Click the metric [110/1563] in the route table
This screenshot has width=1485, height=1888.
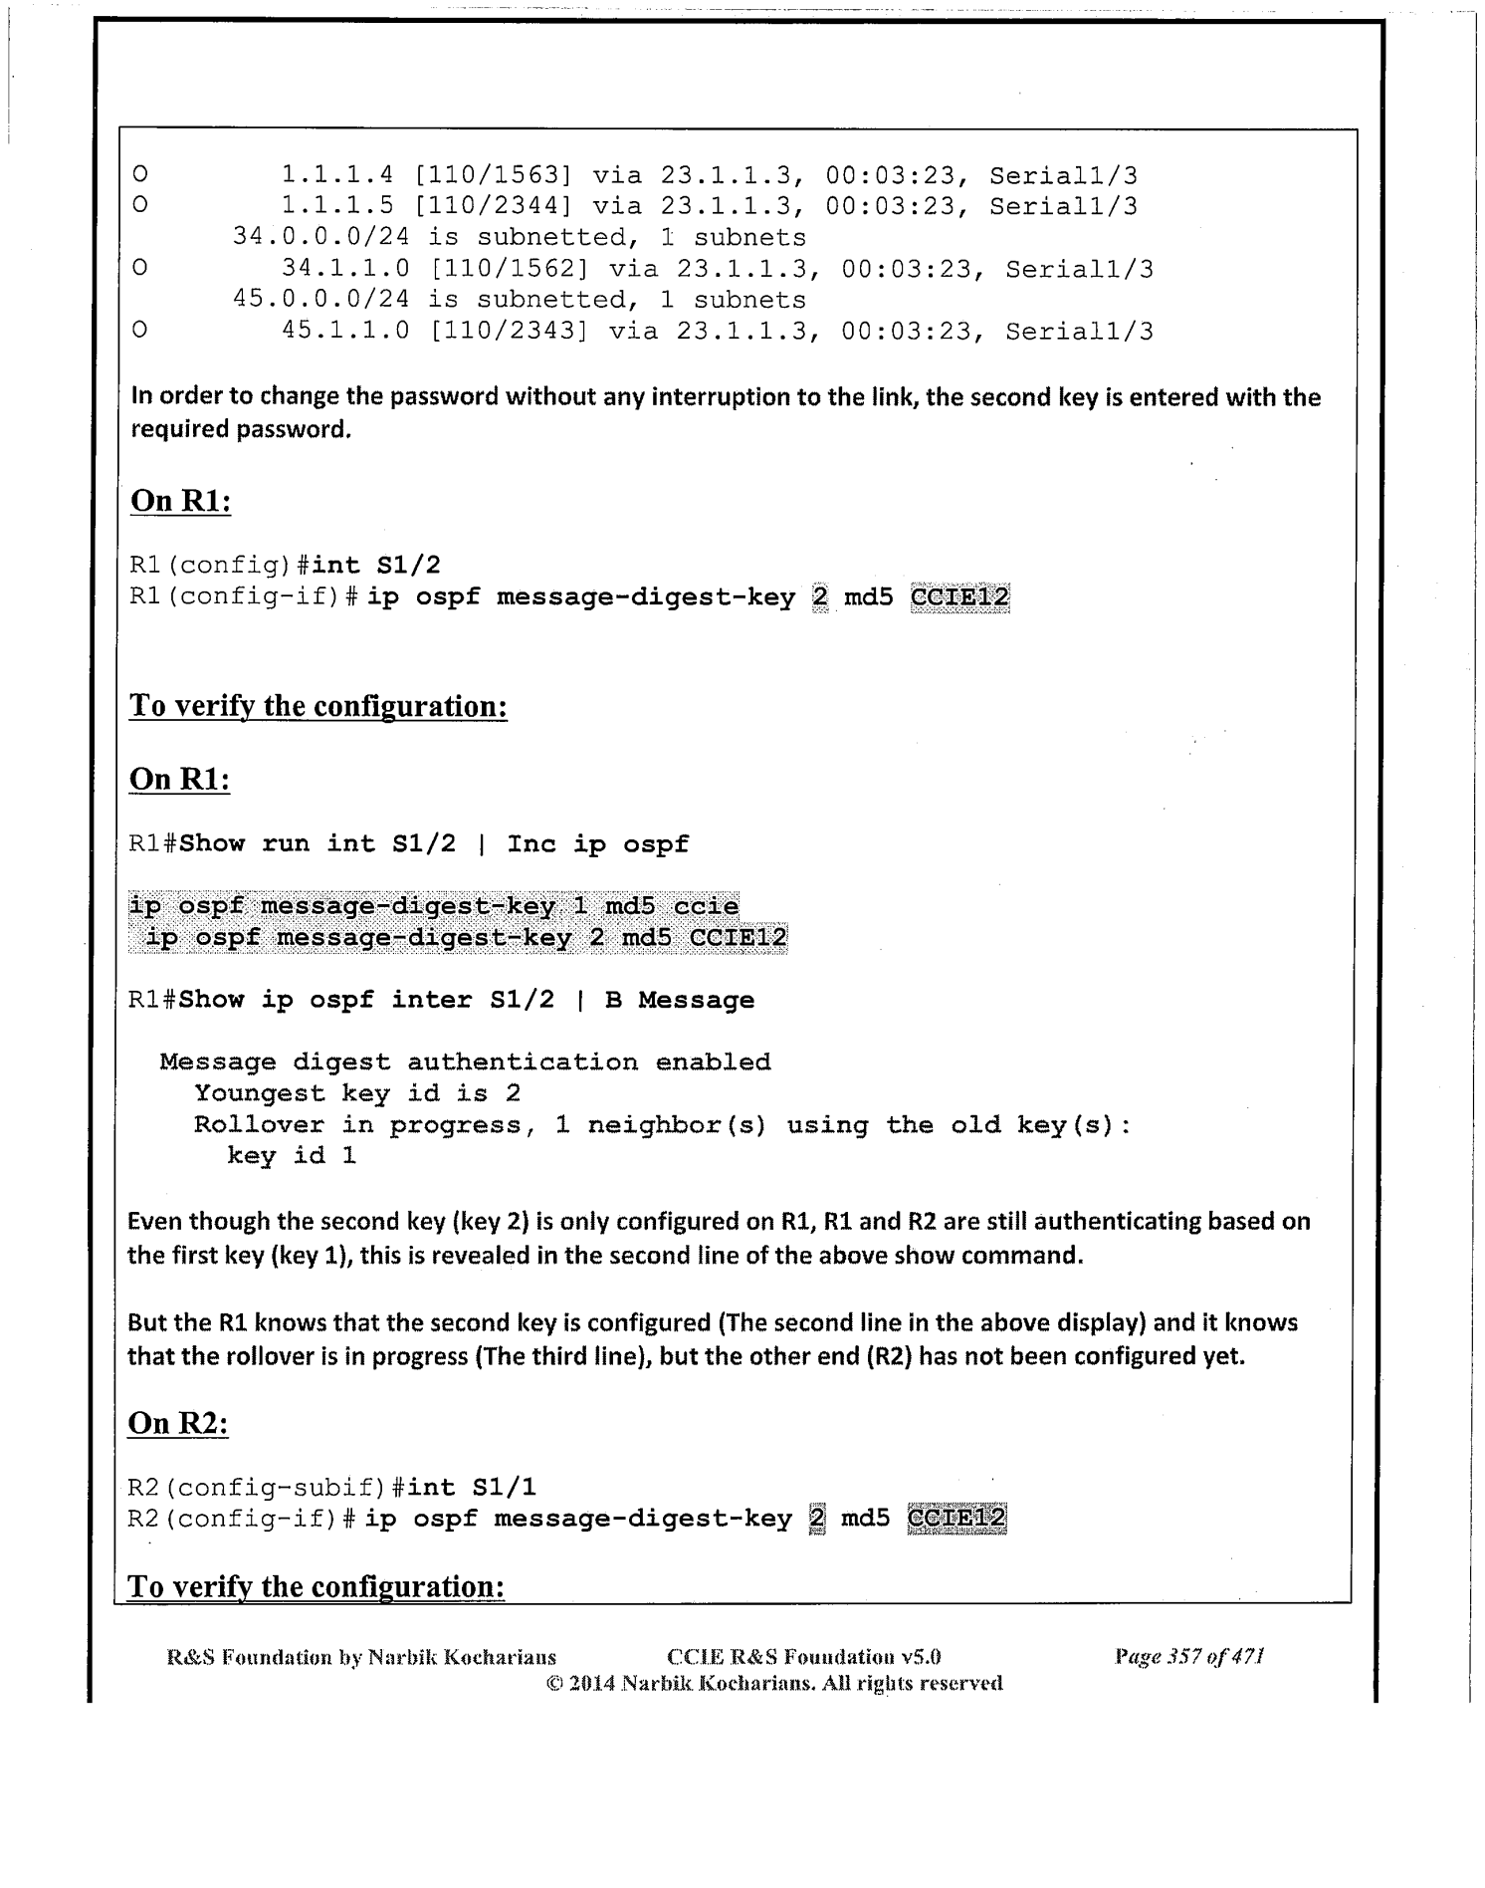493,176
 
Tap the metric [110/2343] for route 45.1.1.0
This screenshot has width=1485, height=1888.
509,331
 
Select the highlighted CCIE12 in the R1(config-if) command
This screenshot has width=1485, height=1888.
959,597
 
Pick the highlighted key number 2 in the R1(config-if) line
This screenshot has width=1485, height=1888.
819,597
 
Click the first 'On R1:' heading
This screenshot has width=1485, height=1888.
180,501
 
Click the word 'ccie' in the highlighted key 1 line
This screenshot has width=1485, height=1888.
706,906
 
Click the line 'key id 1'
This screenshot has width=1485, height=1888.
292,1156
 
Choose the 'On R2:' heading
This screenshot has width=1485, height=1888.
178,1423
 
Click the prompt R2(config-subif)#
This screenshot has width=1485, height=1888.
265,1488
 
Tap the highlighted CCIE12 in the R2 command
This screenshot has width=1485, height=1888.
956,1519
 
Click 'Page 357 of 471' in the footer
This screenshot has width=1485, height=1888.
1189,1657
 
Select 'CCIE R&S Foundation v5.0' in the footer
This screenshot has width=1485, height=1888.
803,1657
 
